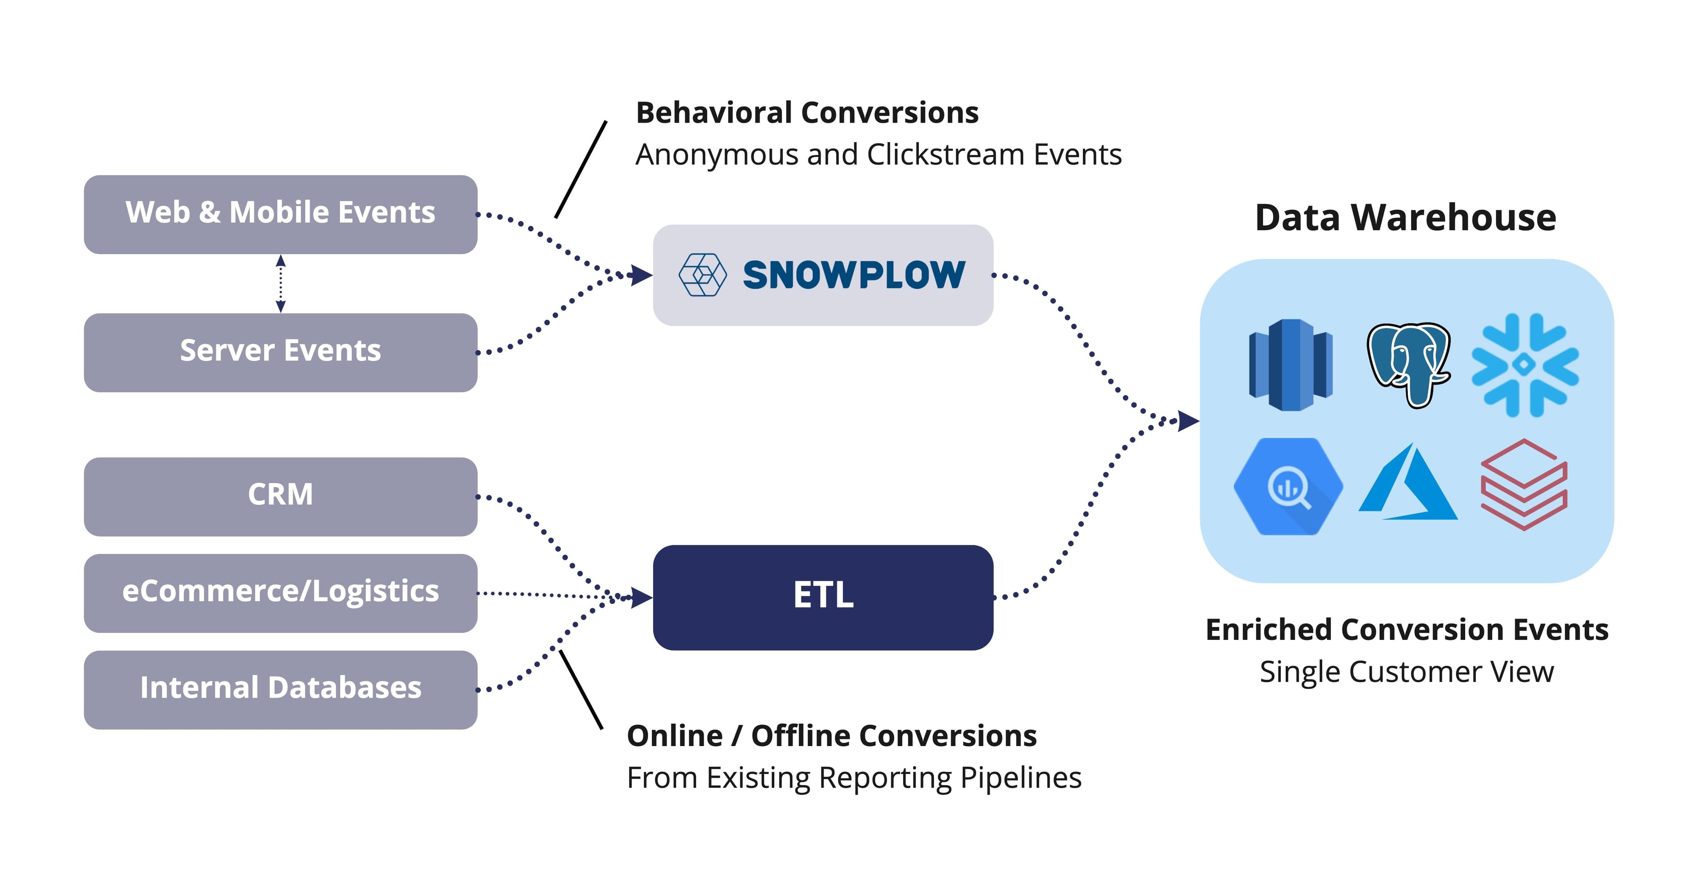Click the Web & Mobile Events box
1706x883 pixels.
(280, 214)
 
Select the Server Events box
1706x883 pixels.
(280, 352)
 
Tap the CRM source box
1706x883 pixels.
(280, 495)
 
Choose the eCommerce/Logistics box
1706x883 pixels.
(280, 592)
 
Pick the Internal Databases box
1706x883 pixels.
(280, 689)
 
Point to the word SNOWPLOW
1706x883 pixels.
(853, 275)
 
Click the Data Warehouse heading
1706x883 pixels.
(1405, 217)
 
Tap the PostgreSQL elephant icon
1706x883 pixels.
(1409, 364)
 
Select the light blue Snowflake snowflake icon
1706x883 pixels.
(1525, 364)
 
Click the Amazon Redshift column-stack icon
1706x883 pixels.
(1290, 364)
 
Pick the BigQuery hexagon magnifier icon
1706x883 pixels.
(1288, 487)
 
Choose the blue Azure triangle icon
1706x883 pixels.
(1409, 483)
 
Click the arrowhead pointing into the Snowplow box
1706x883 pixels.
(641, 275)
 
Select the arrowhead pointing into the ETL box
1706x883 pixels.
(641, 598)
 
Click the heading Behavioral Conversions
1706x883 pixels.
(807, 112)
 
